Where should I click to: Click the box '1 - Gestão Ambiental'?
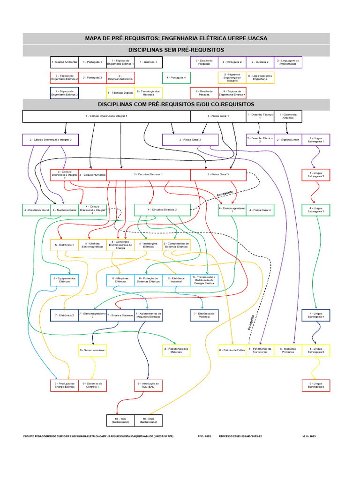[65, 62]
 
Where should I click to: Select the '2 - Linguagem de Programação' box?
[288, 62]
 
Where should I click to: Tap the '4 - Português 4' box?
[176, 77]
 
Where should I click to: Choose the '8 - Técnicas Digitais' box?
[120, 93]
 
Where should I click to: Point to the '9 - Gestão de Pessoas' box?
[204, 93]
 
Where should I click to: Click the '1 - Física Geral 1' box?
[218, 116]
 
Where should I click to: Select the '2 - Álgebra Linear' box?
[288, 140]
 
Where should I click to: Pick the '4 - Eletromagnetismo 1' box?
[232, 210]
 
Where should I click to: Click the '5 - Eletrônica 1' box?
[65, 245]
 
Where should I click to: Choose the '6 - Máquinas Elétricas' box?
[120, 280]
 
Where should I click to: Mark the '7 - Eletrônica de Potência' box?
[204, 315]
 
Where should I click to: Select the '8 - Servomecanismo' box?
[92, 350]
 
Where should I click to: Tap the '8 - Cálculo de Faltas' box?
[232, 350]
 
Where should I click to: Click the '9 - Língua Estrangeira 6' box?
[316, 385]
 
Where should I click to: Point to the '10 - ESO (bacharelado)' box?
[148, 420]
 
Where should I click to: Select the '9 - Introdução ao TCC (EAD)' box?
[148, 385]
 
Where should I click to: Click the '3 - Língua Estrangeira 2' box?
[316, 174]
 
